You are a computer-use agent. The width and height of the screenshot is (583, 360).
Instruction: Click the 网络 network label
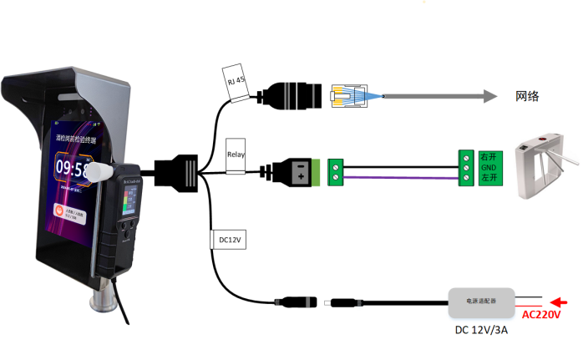[x=527, y=97]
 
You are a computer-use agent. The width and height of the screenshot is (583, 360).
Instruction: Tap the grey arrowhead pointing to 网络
[x=489, y=97]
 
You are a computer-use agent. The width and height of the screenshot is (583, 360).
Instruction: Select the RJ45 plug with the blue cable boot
[x=349, y=96]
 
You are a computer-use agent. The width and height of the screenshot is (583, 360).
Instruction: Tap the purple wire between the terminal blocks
[x=401, y=178]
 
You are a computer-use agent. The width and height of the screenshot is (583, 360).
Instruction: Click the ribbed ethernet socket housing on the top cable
[x=297, y=94]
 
